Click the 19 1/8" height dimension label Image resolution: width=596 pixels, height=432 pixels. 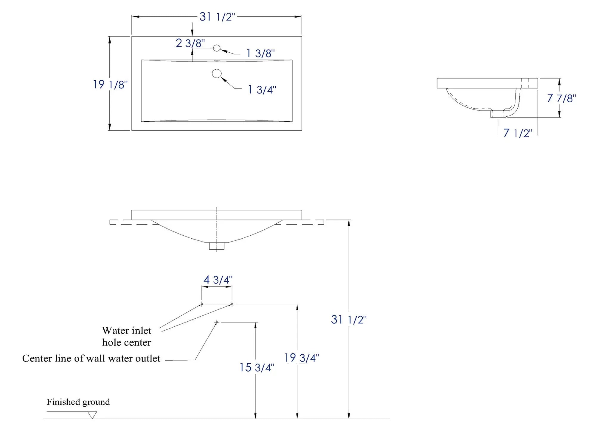pos(110,84)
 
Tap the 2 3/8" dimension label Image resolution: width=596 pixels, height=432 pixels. pos(190,43)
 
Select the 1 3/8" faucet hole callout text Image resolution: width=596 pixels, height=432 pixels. pos(260,53)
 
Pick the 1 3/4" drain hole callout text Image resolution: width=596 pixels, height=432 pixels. pos(262,90)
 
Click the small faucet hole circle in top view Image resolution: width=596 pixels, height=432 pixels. pos(217,48)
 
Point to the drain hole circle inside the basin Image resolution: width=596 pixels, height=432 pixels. pos(217,73)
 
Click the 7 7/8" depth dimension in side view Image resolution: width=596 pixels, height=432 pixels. pos(561,98)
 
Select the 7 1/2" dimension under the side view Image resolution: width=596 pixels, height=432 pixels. pos(518,133)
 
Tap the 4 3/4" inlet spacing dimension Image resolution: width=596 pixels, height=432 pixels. pos(218,280)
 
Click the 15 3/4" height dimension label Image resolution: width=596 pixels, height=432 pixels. pos(257,367)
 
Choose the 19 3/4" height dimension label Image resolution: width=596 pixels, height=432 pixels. pos(302,358)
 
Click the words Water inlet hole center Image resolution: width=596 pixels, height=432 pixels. pos(127,336)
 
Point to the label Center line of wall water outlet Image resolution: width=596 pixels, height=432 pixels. pos(91,359)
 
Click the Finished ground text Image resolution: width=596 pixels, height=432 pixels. pos(78,402)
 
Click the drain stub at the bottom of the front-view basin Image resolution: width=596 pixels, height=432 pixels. pos(217,246)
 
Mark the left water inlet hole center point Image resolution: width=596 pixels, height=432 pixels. pos(201,304)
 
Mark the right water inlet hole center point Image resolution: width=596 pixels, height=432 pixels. pos(232,304)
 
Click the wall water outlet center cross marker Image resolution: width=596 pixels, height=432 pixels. pos(217,322)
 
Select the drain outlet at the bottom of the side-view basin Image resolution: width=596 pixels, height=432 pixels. pos(497,114)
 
